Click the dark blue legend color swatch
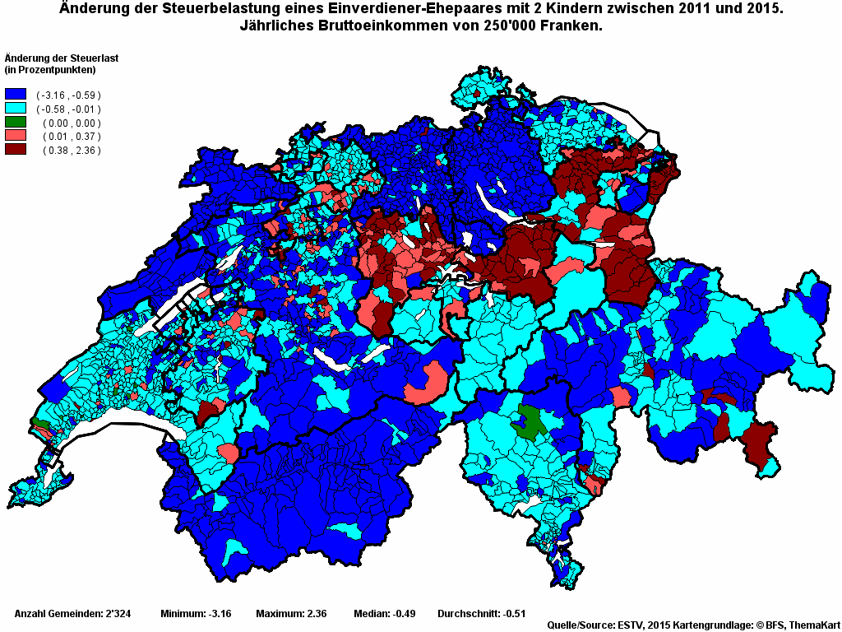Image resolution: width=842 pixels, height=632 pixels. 16,95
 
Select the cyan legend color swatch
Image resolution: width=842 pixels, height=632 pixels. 16,109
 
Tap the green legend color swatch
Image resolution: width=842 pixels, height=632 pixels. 16,123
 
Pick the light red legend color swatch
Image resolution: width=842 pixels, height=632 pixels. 16,136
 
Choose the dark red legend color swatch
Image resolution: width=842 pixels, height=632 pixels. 16,150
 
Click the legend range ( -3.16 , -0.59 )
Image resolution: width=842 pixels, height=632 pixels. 68,95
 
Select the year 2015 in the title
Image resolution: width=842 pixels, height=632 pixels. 764,9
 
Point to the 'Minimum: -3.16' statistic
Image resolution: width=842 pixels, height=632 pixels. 196,614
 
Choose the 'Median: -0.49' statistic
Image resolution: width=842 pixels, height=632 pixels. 383,614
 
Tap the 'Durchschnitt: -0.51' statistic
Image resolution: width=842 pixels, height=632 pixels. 481,614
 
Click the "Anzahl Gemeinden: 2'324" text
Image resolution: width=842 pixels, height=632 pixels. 72,614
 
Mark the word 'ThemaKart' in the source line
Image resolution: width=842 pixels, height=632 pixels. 815,625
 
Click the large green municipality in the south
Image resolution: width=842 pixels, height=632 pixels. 529,421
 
